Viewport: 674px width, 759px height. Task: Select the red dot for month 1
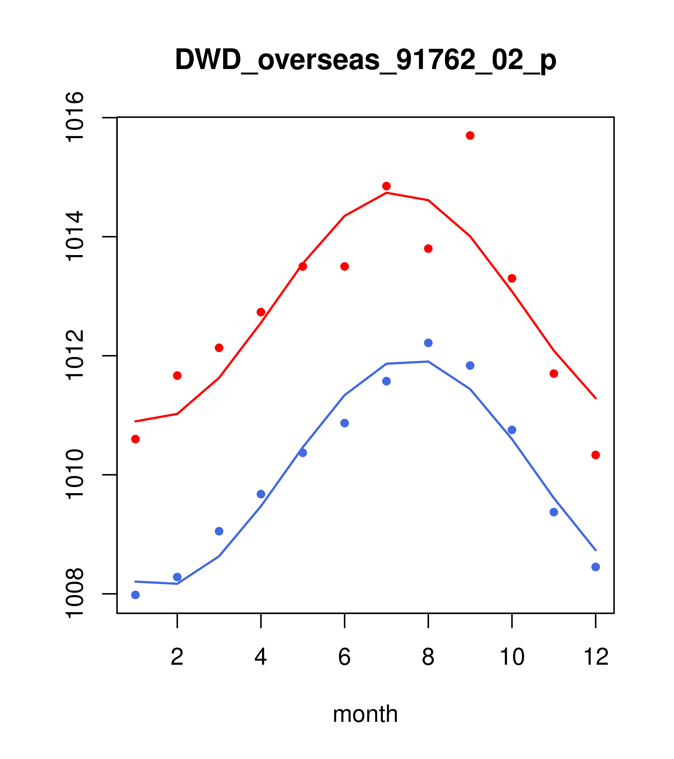[x=135, y=439]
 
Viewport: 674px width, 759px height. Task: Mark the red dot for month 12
[x=596, y=455]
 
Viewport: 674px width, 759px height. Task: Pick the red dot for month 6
[x=345, y=267]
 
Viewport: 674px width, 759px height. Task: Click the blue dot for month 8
[x=428, y=343]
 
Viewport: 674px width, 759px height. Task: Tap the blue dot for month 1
[x=135, y=595]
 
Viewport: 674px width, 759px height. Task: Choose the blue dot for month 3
[x=219, y=531]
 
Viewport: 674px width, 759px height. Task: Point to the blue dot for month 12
[x=596, y=567]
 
